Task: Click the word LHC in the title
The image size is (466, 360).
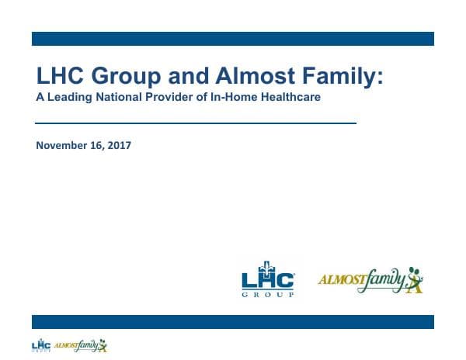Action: click(x=61, y=77)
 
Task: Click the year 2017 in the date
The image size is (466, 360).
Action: click(x=119, y=145)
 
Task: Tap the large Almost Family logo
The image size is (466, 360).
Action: click(x=371, y=280)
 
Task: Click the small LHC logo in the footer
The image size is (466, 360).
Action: click(x=41, y=345)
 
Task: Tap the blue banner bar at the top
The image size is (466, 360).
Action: click(x=232, y=39)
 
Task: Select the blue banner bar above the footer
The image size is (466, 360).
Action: click(x=232, y=322)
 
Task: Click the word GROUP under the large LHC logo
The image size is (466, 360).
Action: click(x=268, y=296)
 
